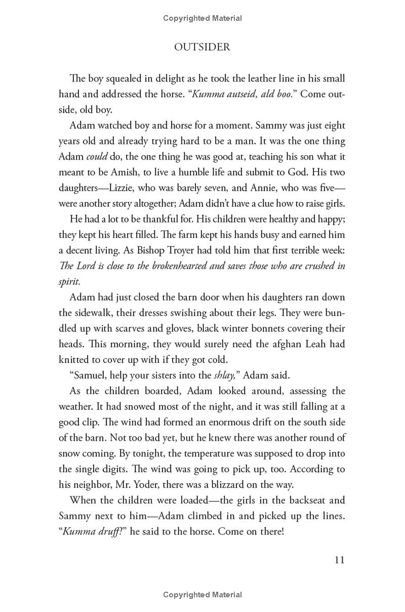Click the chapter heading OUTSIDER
(202, 47)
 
